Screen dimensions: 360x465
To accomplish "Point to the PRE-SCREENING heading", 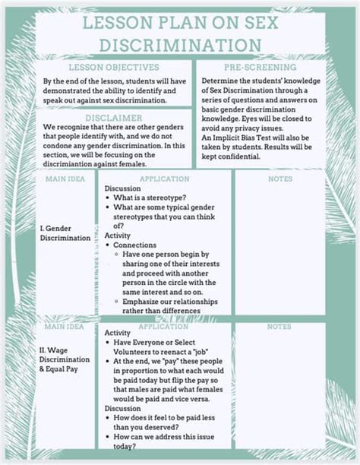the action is click(x=262, y=68).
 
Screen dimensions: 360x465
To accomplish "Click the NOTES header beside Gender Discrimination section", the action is click(x=279, y=179).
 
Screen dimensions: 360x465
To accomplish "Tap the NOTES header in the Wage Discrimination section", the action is click(x=279, y=327).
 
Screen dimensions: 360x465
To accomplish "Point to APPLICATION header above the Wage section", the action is click(x=164, y=327).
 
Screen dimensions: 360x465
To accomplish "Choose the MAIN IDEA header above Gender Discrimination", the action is click(x=65, y=179).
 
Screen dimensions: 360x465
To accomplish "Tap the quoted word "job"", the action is click(x=204, y=352).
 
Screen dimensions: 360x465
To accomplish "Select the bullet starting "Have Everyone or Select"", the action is click(x=164, y=343).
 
